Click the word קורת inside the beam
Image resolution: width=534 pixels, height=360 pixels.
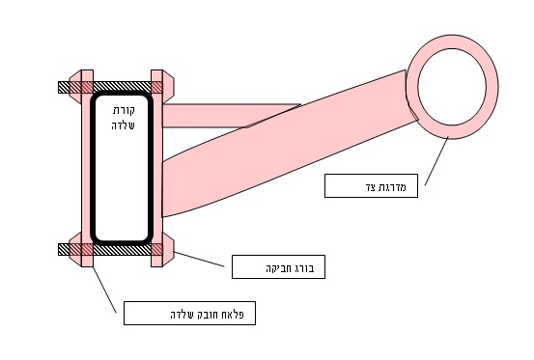124,111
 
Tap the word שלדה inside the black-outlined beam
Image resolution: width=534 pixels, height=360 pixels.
123,125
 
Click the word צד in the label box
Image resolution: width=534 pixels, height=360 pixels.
371,187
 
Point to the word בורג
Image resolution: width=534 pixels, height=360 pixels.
305,268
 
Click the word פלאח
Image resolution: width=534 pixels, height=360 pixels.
234,314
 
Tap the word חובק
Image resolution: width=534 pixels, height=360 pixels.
208,314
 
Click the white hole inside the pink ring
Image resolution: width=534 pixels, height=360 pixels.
452,87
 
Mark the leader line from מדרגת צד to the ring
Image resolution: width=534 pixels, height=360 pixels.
436,161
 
